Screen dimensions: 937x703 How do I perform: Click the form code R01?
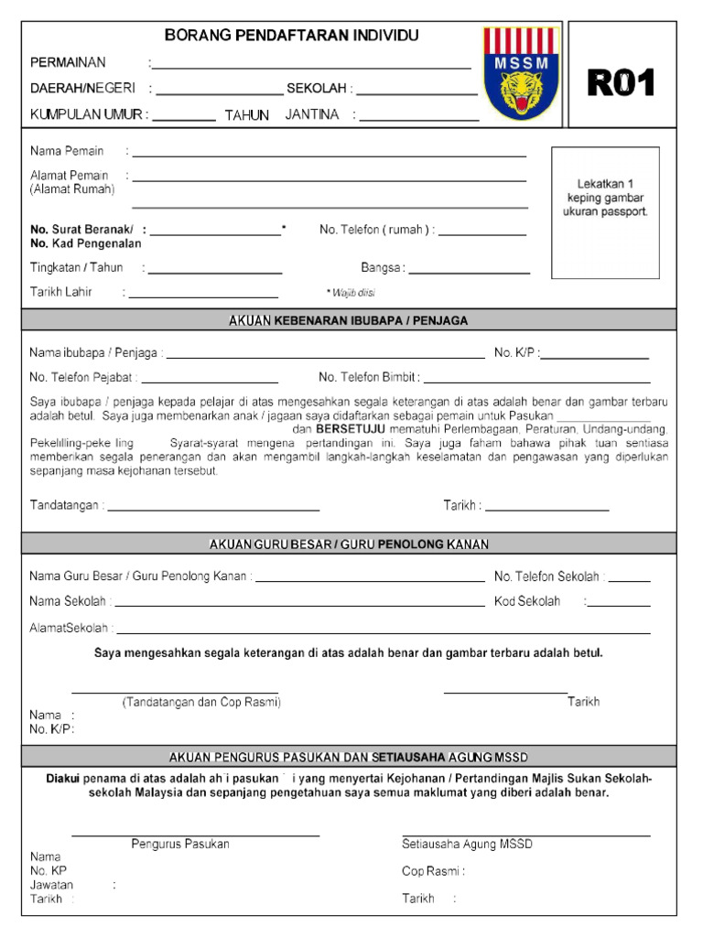(622, 83)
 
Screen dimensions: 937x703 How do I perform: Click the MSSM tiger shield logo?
(520, 73)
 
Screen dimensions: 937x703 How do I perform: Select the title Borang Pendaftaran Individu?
(291, 36)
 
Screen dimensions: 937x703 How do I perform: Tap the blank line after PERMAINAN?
(313, 67)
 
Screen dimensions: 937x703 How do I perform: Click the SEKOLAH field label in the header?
(317, 89)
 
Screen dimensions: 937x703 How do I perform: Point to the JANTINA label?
(312, 115)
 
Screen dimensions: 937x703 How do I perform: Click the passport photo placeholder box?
(605, 212)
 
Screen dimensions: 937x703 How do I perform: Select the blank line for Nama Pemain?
(330, 156)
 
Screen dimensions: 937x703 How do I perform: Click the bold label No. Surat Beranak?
(81, 229)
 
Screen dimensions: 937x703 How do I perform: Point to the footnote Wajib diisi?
(351, 293)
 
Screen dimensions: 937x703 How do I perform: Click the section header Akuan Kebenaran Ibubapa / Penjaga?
(348, 320)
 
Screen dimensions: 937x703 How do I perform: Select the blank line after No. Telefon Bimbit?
(536, 381)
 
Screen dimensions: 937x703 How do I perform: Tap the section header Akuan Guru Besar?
(348, 544)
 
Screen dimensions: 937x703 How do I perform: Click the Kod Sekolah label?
(527, 601)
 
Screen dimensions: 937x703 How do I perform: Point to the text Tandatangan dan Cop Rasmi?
(201, 702)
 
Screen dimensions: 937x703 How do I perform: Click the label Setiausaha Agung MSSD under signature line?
(467, 844)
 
